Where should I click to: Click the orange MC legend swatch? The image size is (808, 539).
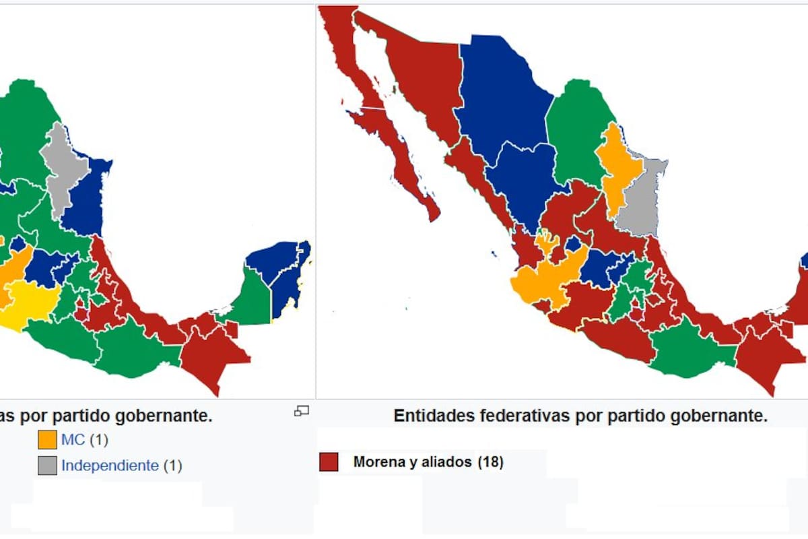47,440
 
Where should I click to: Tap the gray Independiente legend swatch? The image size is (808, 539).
47,466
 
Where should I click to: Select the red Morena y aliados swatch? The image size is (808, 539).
329,462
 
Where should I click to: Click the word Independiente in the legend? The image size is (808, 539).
110,465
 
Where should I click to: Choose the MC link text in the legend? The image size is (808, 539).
73,440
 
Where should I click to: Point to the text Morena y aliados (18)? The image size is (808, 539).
428,462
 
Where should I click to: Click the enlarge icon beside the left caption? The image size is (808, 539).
302,410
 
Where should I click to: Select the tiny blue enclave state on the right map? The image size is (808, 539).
574,245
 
